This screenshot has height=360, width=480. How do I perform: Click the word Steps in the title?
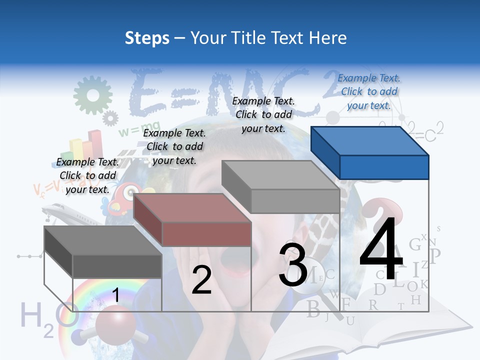pyautogui.click(x=147, y=38)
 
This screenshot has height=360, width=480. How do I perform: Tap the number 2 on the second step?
pyautogui.click(x=201, y=280)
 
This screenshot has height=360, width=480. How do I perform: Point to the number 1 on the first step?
pyautogui.click(x=115, y=295)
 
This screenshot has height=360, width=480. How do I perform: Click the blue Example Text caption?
pyautogui.click(x=369, y=91)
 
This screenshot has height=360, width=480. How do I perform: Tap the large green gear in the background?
pyautogui.click(x=92, y=95)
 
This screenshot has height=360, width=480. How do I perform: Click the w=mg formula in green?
pyautogui.click(x=132, y=131)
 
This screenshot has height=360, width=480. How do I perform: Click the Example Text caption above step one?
pyautogui.click(x=87, y=175)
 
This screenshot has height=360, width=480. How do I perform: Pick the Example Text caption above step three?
pyautogui.click(x=263, y=114)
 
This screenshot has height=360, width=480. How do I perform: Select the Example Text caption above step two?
pyautogui.click(x=174, y=146)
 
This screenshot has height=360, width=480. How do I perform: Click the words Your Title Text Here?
pyautogui.click(x=268, y=38)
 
